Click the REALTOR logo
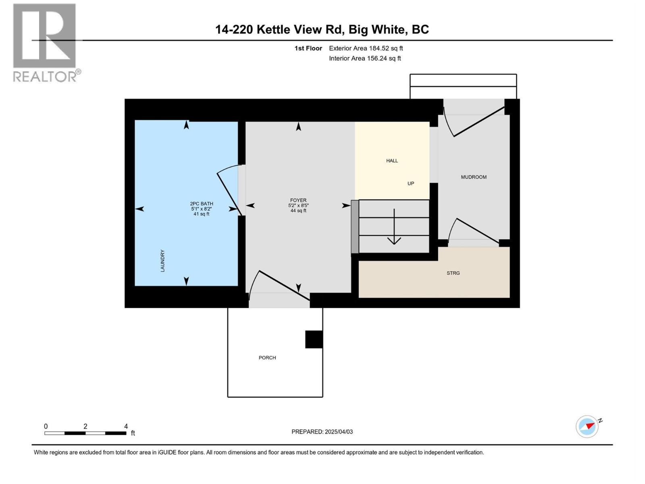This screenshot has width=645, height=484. [45, 42]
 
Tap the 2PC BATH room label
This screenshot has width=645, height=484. [202, 204]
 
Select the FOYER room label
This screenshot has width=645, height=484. [298, 200]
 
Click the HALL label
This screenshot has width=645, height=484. [392, 161]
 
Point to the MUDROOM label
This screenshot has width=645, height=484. [474, 177]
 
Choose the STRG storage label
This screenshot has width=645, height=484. [453, 273]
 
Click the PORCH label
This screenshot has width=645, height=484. [267, 358]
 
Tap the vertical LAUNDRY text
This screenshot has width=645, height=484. [163, 261]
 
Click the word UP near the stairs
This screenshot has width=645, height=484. [411, 184]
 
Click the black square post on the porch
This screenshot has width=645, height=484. [314, 339]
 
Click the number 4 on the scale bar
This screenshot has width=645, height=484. [126, 426]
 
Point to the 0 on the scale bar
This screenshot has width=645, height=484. [46, 426]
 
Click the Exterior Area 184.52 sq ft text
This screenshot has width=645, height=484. [366, 48]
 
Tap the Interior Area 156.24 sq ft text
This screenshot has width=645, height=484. [365, 58]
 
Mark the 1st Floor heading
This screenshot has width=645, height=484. [308, 48]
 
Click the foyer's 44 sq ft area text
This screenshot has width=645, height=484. [298, 211]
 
